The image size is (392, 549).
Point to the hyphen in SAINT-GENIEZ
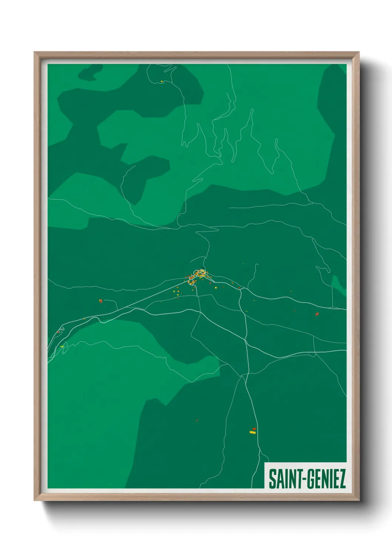click(x=303, y=479)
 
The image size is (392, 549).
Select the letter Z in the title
click(x=342, y=479)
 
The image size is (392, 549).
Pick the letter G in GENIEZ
click(x=310, y=479)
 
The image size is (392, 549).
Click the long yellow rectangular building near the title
click(x=253, y=432)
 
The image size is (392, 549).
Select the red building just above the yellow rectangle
click(x=254, y=429)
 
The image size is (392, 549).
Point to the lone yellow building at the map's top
click(x=162, y=82)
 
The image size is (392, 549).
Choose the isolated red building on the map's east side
click(x=317, y=314)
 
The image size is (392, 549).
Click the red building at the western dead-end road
click(x=100, y=301)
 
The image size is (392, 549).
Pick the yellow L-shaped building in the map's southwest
click(x=62, y=346)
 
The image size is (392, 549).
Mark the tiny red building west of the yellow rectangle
click(x=197, y=420)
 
